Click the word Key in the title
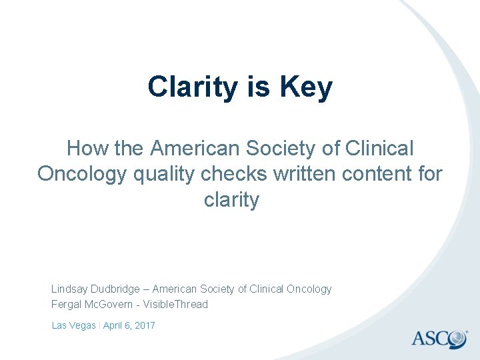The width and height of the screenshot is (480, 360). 306,87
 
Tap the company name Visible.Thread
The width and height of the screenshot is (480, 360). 181,304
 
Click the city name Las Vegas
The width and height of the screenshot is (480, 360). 73,325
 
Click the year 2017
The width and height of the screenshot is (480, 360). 144,325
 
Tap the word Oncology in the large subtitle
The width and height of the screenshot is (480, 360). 82,173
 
